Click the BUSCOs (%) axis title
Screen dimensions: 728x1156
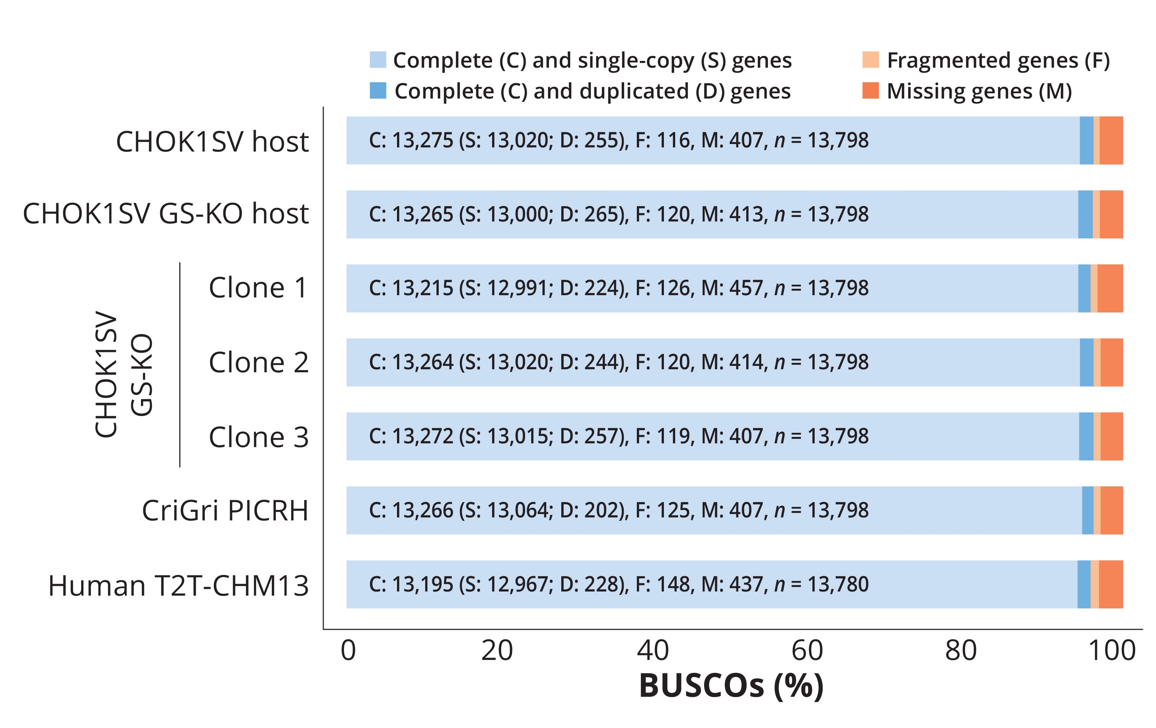pos(731,686)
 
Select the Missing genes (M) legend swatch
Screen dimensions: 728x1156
pos(870,90)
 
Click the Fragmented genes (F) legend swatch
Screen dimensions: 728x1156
pos(870,59)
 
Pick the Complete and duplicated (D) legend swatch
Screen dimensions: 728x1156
pos(378,90)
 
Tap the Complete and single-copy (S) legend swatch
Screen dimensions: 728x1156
pos(378,59)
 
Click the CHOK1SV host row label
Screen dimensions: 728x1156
pos(212,142)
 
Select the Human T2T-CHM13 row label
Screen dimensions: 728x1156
pos(178,586)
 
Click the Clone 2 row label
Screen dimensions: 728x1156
pos(258,362)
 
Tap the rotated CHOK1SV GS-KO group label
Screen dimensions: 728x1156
pos(123,374)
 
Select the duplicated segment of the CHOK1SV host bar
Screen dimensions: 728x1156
pos(1086,140)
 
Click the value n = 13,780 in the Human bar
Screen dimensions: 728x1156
pos(821,584)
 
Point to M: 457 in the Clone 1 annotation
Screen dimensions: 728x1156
pos(732,288)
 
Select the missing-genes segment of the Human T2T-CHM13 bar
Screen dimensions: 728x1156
pos(1111,584)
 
